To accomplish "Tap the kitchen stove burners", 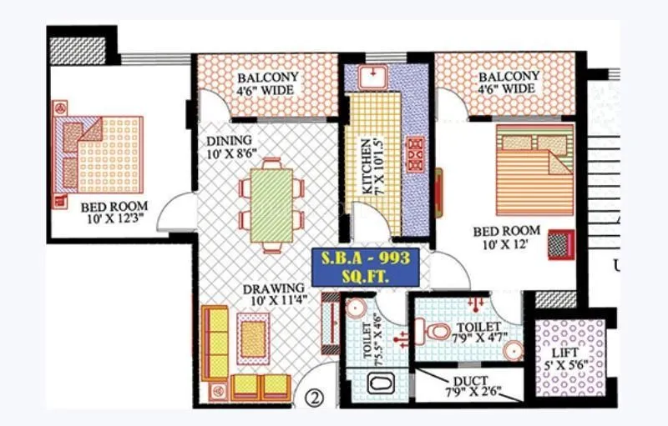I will coord(415,152).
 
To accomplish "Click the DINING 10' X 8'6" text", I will coord(231,147).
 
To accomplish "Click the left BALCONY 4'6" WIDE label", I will coord(267,83).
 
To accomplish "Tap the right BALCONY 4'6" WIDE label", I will coord(507,83).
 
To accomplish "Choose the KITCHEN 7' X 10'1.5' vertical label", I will coord(368,166).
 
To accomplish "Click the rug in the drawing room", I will coord(253,338).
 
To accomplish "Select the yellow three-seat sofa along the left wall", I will coord(215,343).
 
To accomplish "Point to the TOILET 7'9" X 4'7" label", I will coord(478,332).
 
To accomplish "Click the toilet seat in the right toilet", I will coord(436,333).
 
